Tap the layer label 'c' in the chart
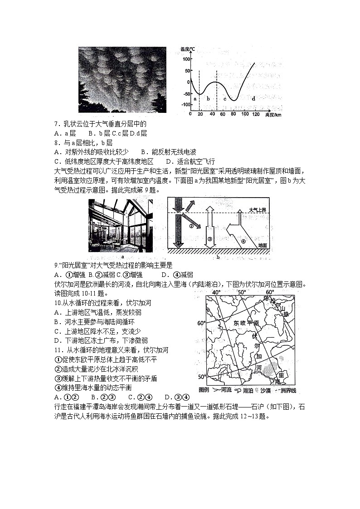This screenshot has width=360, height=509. [224, 98]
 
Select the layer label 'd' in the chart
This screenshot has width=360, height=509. [253, 98]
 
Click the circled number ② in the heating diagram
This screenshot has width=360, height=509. [191, 225]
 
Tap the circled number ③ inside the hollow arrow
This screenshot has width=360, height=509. [209, 238]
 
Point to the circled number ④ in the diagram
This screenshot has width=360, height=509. [243, 241]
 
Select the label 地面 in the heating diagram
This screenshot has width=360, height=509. [263, 245]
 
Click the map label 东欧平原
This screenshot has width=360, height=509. [246, 323]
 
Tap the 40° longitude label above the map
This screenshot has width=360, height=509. [216, 292]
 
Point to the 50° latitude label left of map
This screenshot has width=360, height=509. [201, 377]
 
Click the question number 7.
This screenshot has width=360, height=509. [56, 124]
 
